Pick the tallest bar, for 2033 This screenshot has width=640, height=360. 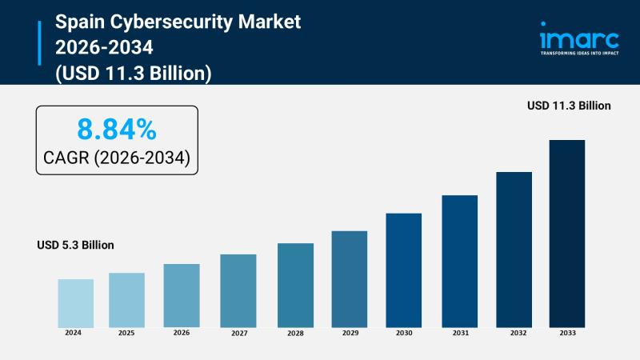click(566, 233)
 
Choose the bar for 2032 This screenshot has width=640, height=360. click(514, 249)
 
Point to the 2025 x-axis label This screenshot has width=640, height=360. click(126, 332)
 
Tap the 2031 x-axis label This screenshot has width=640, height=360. click(460, 332)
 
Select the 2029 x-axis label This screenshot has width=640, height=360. click(350, 332)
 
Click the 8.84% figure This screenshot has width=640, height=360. click(117, 128)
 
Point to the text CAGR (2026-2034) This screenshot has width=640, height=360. click(117, 158)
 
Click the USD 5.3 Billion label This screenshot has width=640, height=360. click(75, 245)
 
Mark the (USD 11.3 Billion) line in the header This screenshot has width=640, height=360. click(133, 74)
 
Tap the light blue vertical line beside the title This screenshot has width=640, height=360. click(39, 43)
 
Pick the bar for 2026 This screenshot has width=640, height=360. click(182, 295)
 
